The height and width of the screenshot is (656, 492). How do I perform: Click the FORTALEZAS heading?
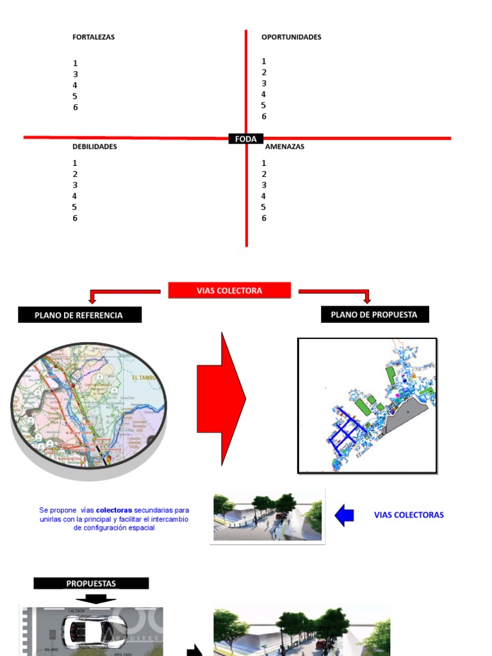94,37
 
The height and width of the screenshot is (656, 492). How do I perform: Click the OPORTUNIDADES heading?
291,37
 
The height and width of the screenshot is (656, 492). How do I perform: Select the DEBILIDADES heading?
94,147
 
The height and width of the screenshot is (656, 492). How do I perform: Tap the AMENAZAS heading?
285,147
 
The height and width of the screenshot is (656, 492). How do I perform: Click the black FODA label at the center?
246,138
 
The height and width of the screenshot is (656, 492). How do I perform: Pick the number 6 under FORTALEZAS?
75,108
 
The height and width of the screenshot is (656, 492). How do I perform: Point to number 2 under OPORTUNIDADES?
264,72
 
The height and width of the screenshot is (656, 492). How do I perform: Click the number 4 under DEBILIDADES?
75,196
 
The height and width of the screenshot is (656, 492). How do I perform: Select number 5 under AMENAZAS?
264,207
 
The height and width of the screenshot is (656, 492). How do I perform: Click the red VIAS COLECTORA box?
229,290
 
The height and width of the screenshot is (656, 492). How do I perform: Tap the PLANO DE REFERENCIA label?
79,315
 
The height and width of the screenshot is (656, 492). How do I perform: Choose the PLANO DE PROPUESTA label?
374,314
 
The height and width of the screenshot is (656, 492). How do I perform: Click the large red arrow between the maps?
221,399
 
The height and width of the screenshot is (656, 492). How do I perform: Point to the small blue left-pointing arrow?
345,515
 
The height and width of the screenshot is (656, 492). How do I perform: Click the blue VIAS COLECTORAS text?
409,515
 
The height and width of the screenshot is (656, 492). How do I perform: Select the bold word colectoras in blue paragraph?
114,511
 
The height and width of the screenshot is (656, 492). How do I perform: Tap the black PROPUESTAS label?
91,584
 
